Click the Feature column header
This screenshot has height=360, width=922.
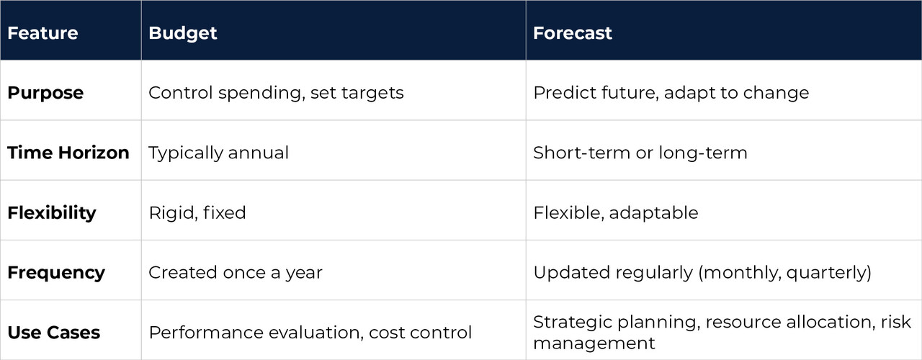click(x=42, y=33)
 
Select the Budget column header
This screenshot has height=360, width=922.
click(x=182, y=33)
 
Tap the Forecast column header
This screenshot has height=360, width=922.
click(x=573, y=33)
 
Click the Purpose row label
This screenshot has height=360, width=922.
click(x=45, y=93)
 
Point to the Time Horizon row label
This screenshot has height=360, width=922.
click(x=68, y=153)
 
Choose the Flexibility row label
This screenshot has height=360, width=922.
click(x=52, y=213)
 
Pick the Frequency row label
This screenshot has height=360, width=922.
click(x=56, y=273)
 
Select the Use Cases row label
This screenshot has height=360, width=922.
click(x=54, y=333)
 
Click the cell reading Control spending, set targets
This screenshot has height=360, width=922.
click(x=276, y=93)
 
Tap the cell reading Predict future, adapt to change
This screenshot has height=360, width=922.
click(x=671, y=93)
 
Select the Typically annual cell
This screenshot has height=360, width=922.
click(x=218, y=153)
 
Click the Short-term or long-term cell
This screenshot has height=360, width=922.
click(x=640, y=153)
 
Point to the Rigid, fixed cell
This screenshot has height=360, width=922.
click(x=197, y=213)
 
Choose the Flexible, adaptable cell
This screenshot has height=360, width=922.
click(x=616, y=213)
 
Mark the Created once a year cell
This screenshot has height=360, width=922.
click(x=236, y=273)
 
